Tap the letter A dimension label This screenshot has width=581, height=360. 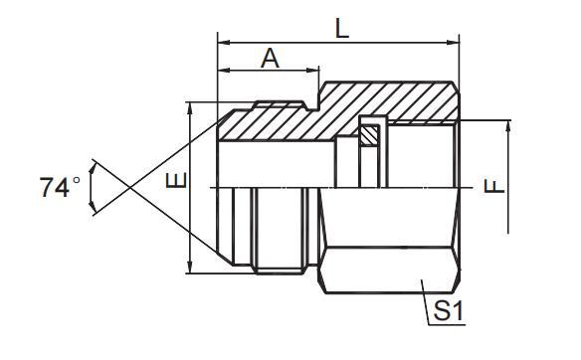point(269,59)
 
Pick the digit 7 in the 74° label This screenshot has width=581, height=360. point(49,187)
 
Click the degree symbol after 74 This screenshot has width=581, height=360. point(77,180)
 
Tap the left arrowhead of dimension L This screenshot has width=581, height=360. point(223,43)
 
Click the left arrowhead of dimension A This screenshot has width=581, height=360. point(223,72)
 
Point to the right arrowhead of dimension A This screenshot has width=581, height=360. point(315,72)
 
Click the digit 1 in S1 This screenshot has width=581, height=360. point(459,311)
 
